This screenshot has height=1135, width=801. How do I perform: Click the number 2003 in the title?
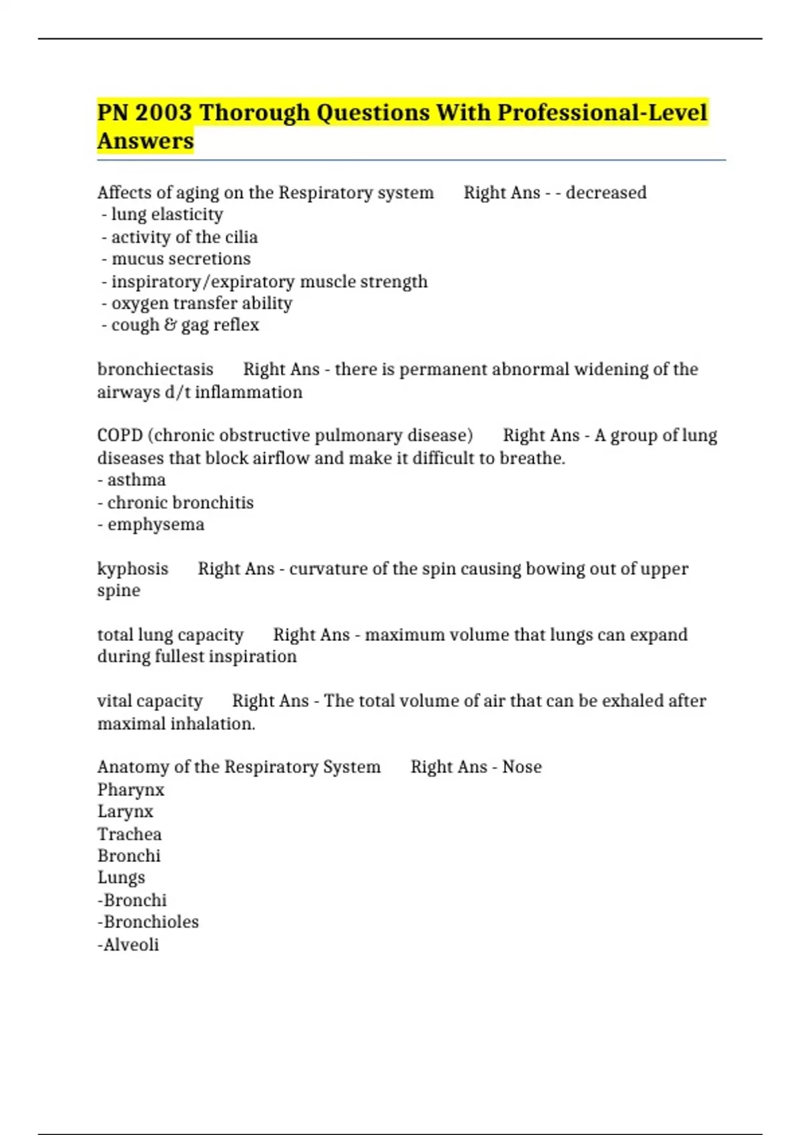coord(163,112)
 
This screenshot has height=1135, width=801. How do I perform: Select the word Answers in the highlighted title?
coord(146,141)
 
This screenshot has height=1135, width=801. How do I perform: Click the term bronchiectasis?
coord(155,369)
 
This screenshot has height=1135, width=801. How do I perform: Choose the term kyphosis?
coord(133,569)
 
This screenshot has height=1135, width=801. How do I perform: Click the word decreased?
coord(606,192)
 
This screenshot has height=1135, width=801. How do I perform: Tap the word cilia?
coord(242,237)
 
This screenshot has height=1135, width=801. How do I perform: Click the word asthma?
coord(136,480)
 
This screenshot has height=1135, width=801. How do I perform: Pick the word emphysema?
coord(156,525)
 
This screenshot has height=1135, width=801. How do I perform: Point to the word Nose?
coord(522,767)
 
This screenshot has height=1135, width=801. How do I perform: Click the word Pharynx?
coord(131,790)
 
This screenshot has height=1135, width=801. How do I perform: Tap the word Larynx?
coord(125,812)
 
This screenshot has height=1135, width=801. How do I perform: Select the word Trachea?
coord(129,834)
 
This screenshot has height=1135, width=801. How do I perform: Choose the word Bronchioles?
coord(151,922)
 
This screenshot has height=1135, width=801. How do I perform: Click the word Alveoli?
coord(131,945)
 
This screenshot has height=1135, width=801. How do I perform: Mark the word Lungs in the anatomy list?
coord(121,878)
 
